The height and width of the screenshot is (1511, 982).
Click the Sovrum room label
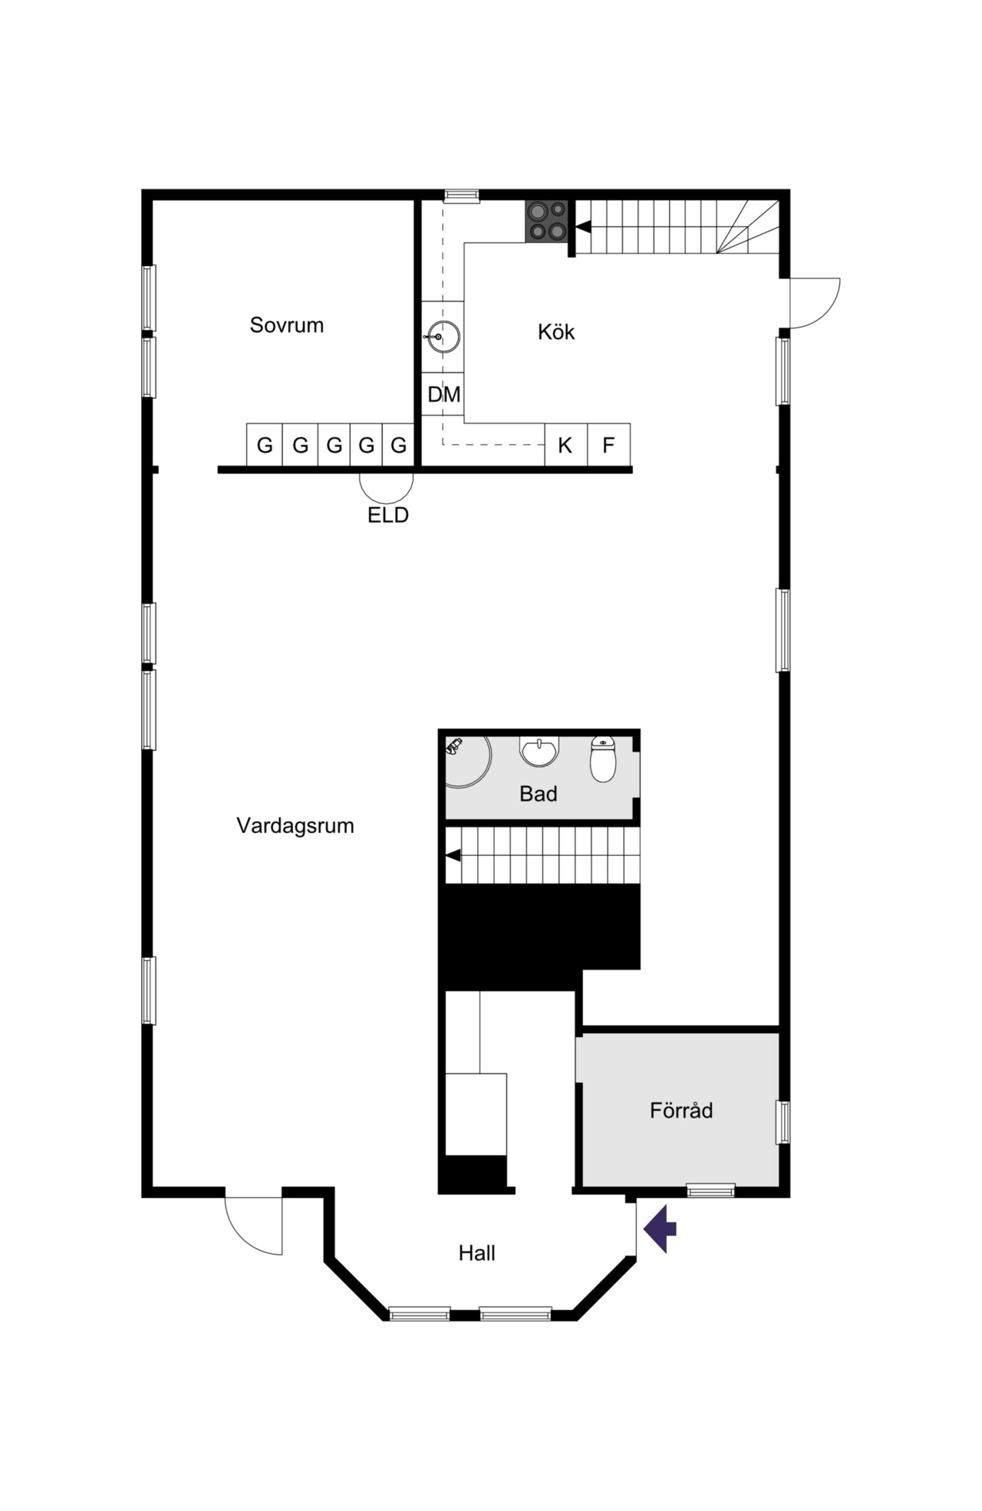[286, 325]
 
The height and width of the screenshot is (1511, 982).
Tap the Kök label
[556, 332]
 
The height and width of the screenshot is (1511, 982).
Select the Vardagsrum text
[295, 826]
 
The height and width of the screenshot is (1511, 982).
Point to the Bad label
[538, 794]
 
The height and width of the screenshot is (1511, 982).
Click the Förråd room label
[681, 1110]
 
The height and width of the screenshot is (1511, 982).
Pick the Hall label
[477, 1253]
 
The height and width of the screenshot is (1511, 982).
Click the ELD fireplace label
[388, 515]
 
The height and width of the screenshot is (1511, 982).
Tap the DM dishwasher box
[443, 394]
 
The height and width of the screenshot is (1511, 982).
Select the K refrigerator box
[566, 445]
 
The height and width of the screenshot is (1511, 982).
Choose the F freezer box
[609, 445]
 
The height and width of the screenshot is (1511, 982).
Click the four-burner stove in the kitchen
[547, 221]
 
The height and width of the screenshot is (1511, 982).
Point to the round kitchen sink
[443, 337]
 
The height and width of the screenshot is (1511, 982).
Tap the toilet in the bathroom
[603, 759]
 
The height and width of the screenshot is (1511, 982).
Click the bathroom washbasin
[540, 752]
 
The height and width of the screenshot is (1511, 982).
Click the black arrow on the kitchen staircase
[583, 227]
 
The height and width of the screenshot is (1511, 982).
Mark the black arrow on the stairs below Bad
[453, 855]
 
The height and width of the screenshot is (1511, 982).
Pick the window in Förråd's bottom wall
[710, 1190]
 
